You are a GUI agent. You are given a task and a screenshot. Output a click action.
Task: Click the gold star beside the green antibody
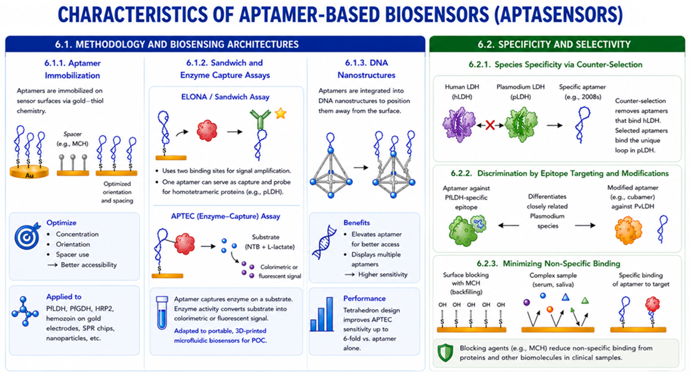tap(280, 113)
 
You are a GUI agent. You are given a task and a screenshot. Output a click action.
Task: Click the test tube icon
tap(162, 313)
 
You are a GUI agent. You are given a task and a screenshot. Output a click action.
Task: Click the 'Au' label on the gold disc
tap(29, 176)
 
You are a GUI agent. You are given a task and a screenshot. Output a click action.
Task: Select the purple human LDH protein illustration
tap(459, 124)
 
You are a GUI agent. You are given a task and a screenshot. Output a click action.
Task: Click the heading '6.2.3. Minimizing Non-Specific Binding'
tap(548, 264)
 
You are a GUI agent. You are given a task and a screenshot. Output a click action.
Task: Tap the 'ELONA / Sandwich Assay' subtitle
tap(225, 97)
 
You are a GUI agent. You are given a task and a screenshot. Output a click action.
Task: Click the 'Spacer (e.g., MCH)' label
tap(72, 139)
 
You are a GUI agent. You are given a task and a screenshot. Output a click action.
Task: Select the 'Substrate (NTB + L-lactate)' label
tap(269, 242)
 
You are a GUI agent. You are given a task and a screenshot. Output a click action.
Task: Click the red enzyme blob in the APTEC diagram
tap(185, 243)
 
